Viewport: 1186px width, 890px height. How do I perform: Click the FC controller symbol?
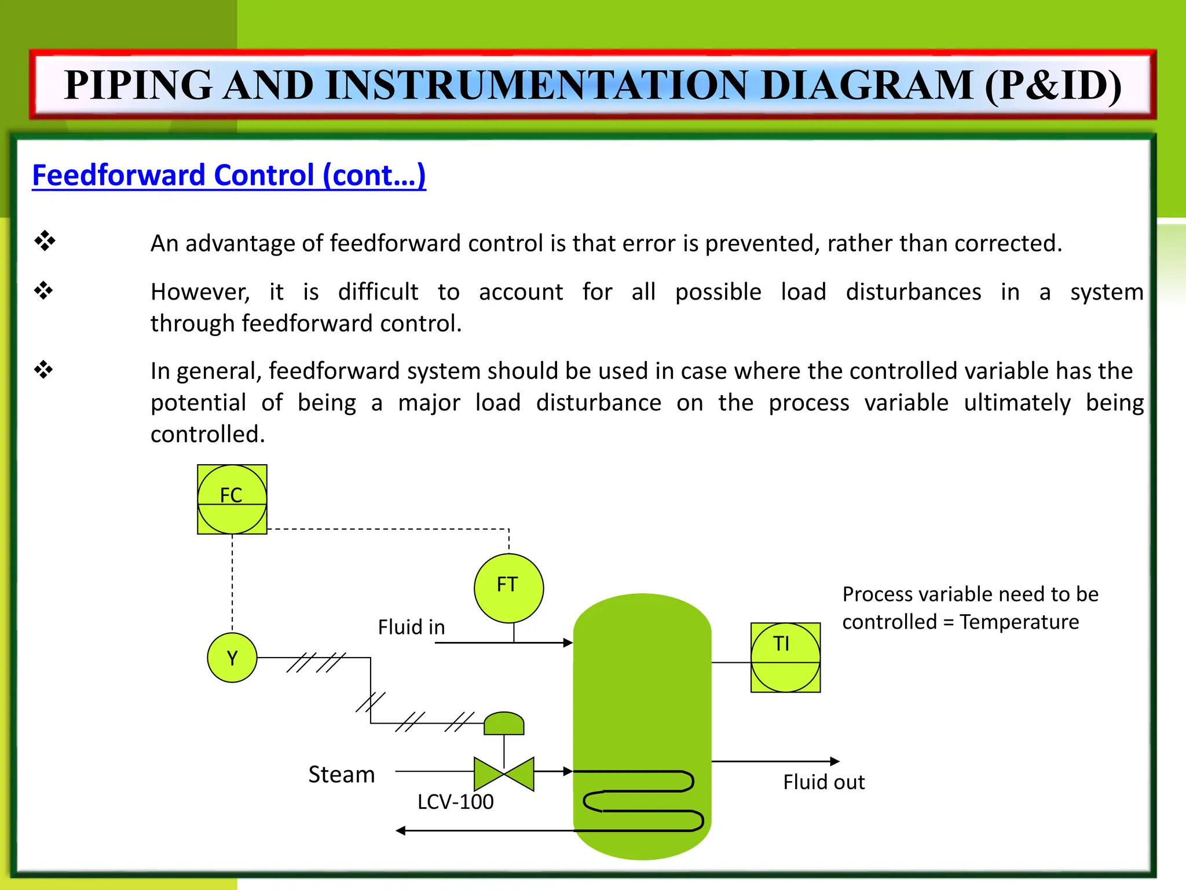point(232,499)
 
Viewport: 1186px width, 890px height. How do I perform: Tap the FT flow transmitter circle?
point(508,588)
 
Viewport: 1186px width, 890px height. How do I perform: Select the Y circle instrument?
point(232,658)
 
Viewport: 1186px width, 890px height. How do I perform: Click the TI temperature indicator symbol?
point(785,658)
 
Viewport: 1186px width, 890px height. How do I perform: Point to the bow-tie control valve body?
point(504,774)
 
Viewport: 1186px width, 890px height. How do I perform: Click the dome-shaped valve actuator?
point(504,723)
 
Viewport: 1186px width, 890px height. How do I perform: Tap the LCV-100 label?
point(455,802)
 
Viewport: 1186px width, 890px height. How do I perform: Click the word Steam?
point(341,775)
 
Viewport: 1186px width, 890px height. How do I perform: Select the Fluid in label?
point(411,627)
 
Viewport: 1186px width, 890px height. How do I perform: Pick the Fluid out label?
point(823,782)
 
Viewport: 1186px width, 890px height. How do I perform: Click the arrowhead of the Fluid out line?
point(834,761)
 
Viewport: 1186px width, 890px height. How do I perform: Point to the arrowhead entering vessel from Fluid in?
point(568,643)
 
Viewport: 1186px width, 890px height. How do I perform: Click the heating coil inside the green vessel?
point(643,800)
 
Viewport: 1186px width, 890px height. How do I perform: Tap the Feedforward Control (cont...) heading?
point(229,175)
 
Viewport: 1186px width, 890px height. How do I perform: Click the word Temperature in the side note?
point(1019,622)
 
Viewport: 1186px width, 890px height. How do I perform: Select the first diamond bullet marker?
point(45,240)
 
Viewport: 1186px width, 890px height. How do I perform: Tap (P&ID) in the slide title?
point(1053,85)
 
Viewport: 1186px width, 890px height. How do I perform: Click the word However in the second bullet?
point(200,292)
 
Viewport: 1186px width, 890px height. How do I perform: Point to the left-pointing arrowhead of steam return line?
point(401,831)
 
